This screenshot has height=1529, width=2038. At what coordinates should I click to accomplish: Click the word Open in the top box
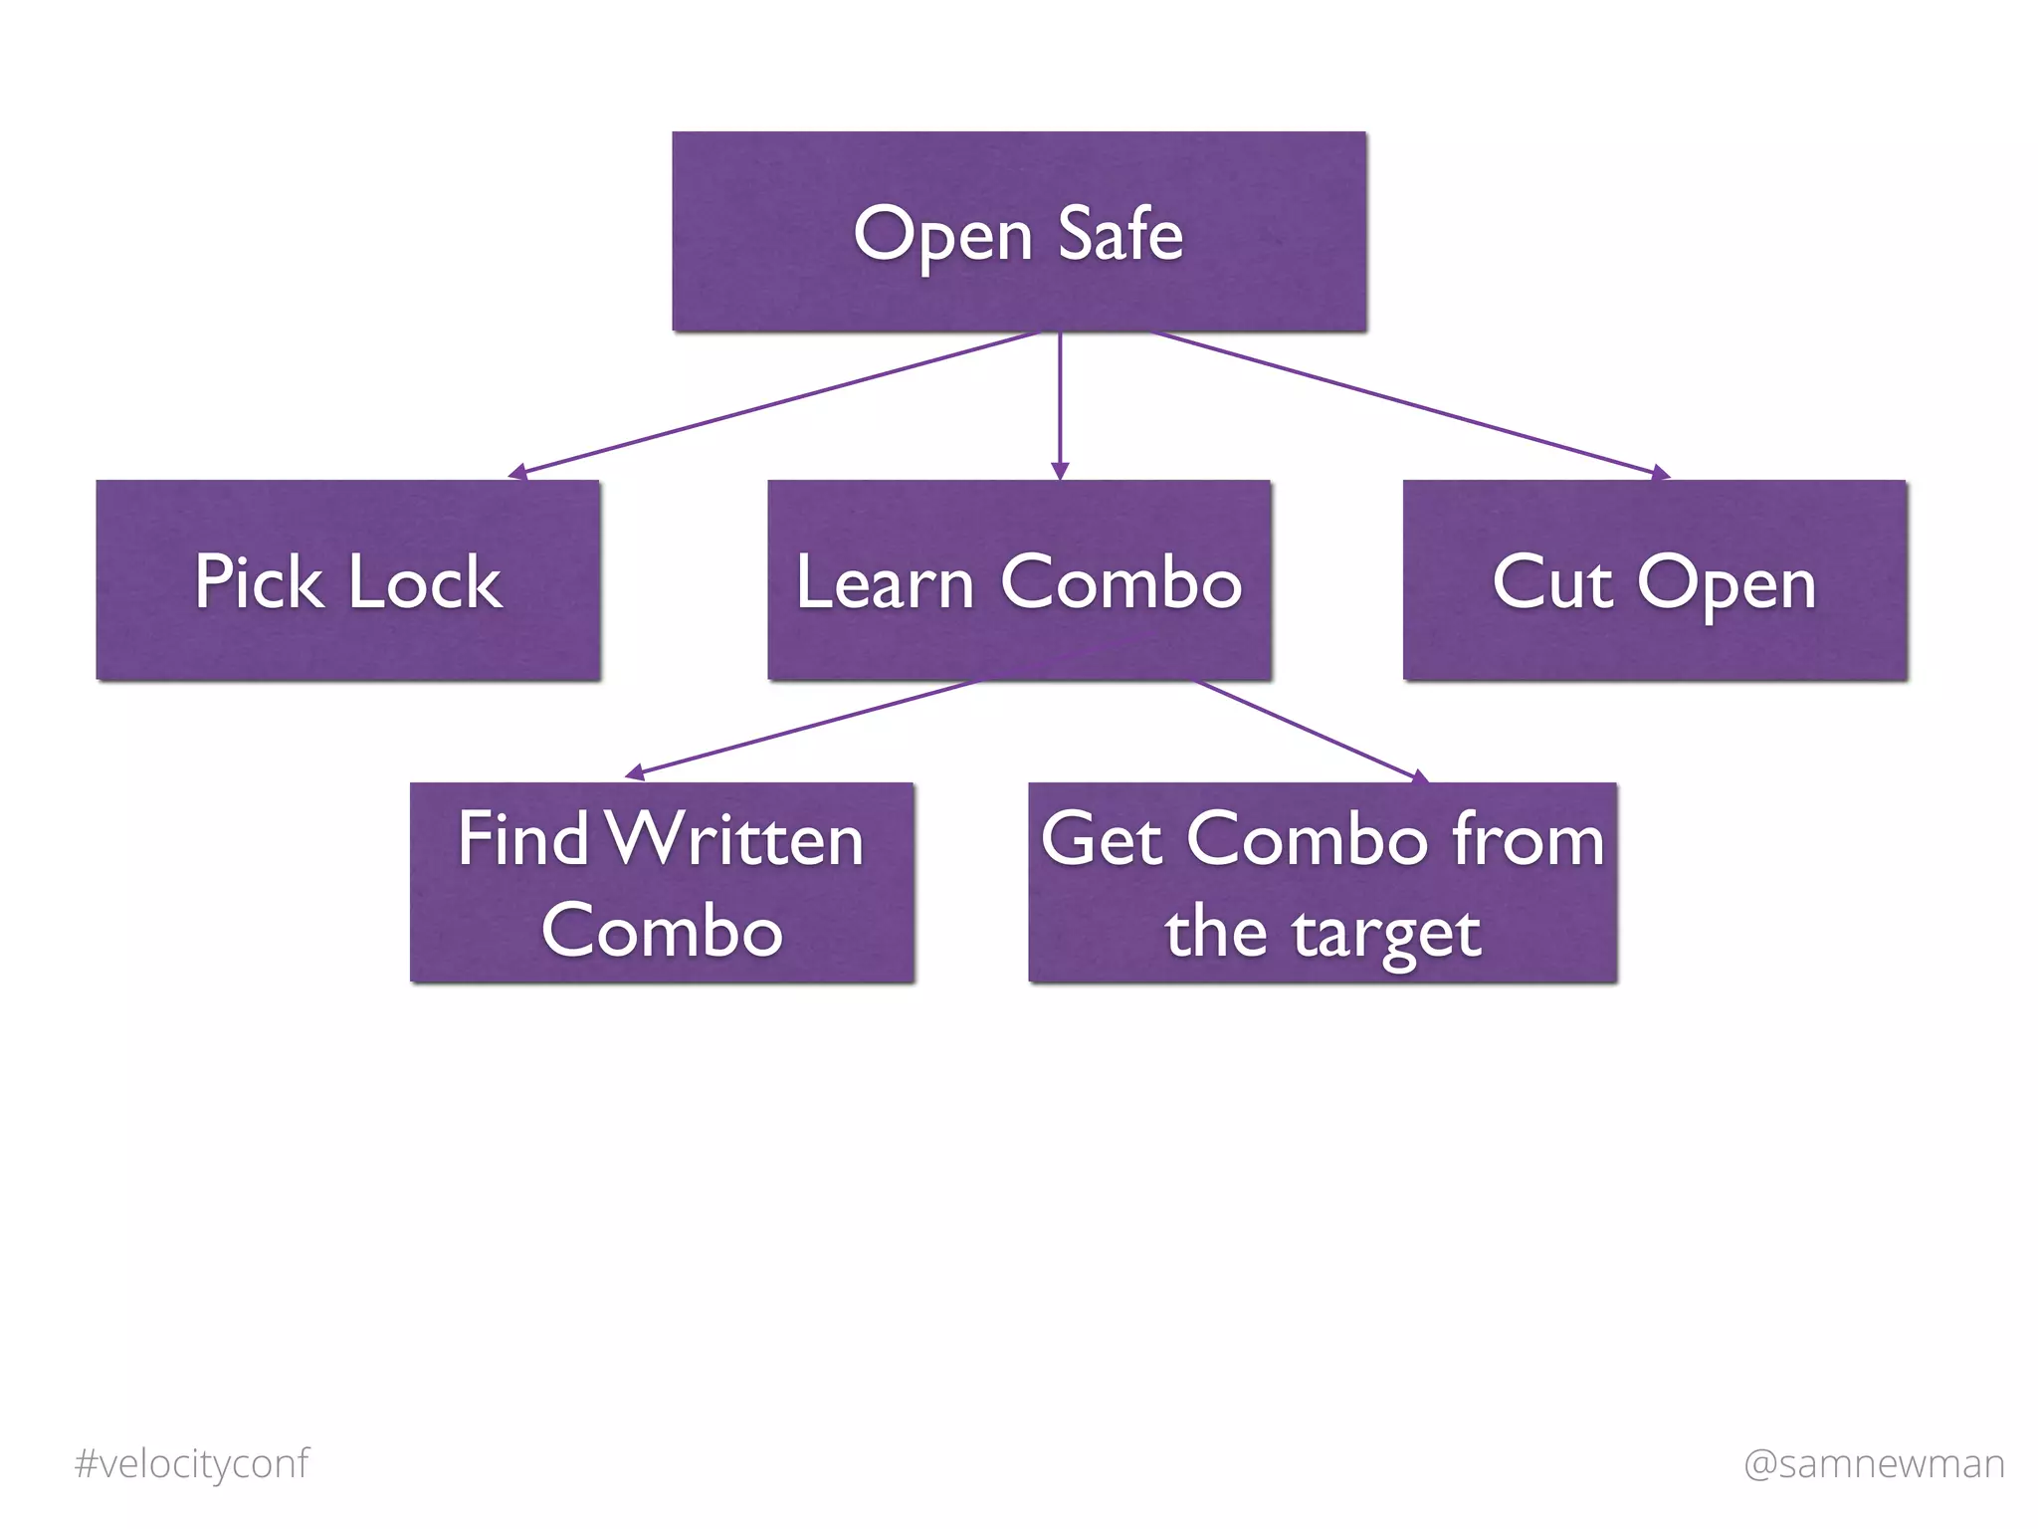point(942,237)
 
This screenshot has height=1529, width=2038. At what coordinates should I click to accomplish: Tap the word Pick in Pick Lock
point(258,582)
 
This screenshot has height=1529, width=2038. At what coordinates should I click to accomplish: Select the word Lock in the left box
point(425,582)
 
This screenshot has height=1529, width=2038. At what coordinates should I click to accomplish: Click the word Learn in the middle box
point(884,582)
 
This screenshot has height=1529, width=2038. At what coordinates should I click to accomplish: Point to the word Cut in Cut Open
point(1551,582)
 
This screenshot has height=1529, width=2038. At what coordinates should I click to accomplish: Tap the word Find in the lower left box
point(523,839)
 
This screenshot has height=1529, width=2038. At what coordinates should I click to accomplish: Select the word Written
point(734,839)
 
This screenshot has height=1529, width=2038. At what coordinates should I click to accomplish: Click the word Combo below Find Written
point(662,931)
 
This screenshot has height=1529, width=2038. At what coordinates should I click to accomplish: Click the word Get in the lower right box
point(1102,839)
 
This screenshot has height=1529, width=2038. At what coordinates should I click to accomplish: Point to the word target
point(1386,935)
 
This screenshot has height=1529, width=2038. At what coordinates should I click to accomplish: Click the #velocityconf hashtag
point(192,1463)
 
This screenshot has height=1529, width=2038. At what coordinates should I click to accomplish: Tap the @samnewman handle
point(1874,1463)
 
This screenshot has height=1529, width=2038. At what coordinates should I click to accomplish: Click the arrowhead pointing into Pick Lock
point(517,472)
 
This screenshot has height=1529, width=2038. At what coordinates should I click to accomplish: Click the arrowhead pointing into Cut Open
point(1659,473)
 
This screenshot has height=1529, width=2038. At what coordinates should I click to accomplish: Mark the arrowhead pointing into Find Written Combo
point(634,772)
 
